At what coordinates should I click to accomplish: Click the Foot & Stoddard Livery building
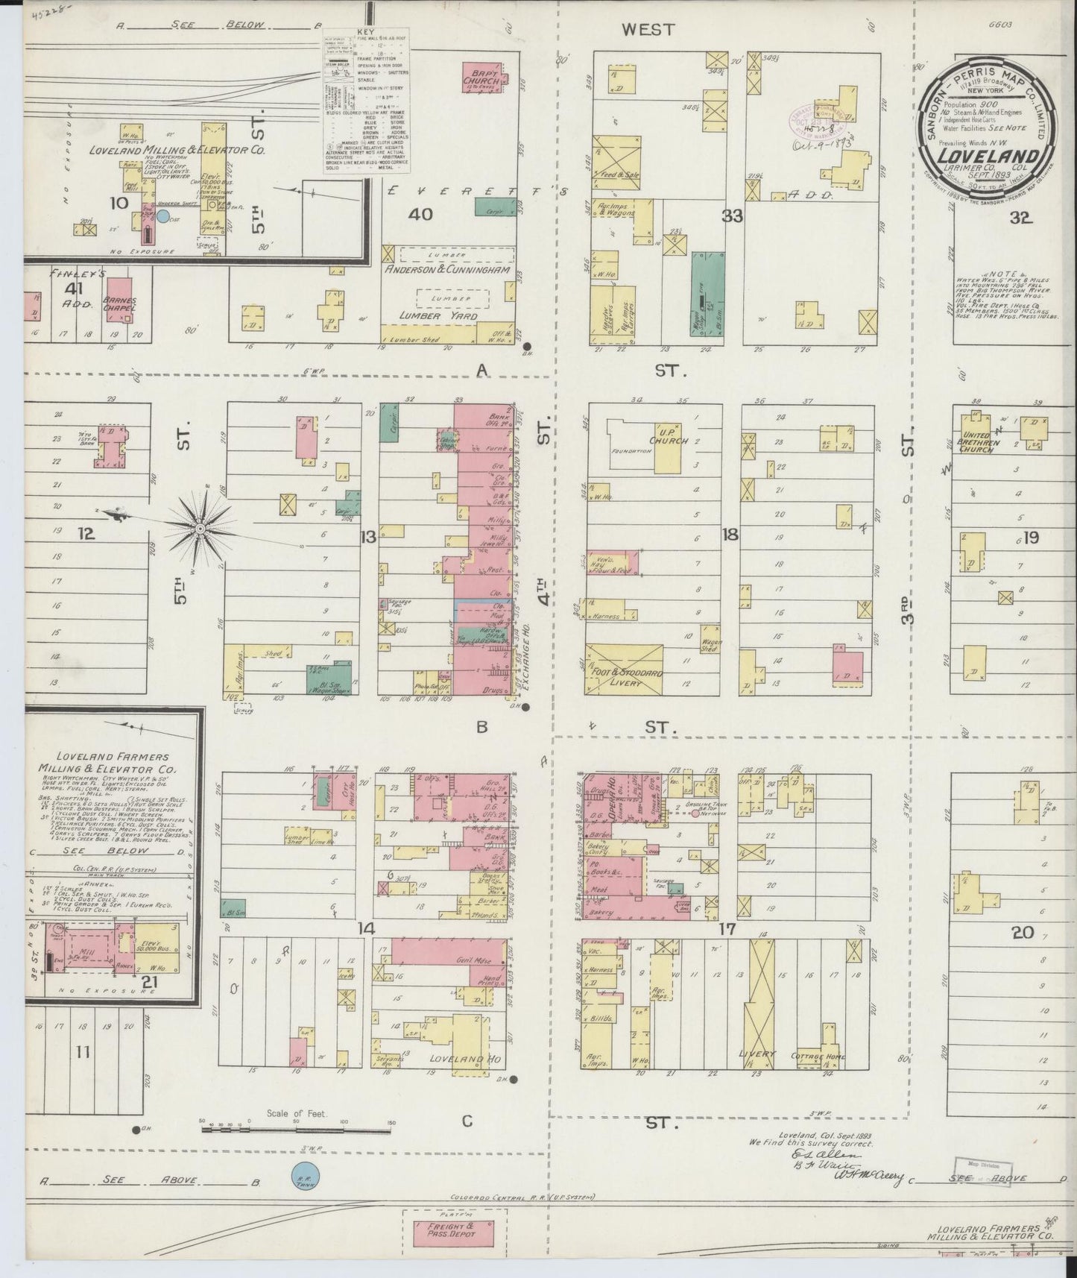623,670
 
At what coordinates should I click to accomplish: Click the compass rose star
200,528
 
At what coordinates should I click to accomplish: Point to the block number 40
420,215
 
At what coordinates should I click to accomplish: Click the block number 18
730,534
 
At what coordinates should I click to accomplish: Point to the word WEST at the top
648,29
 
